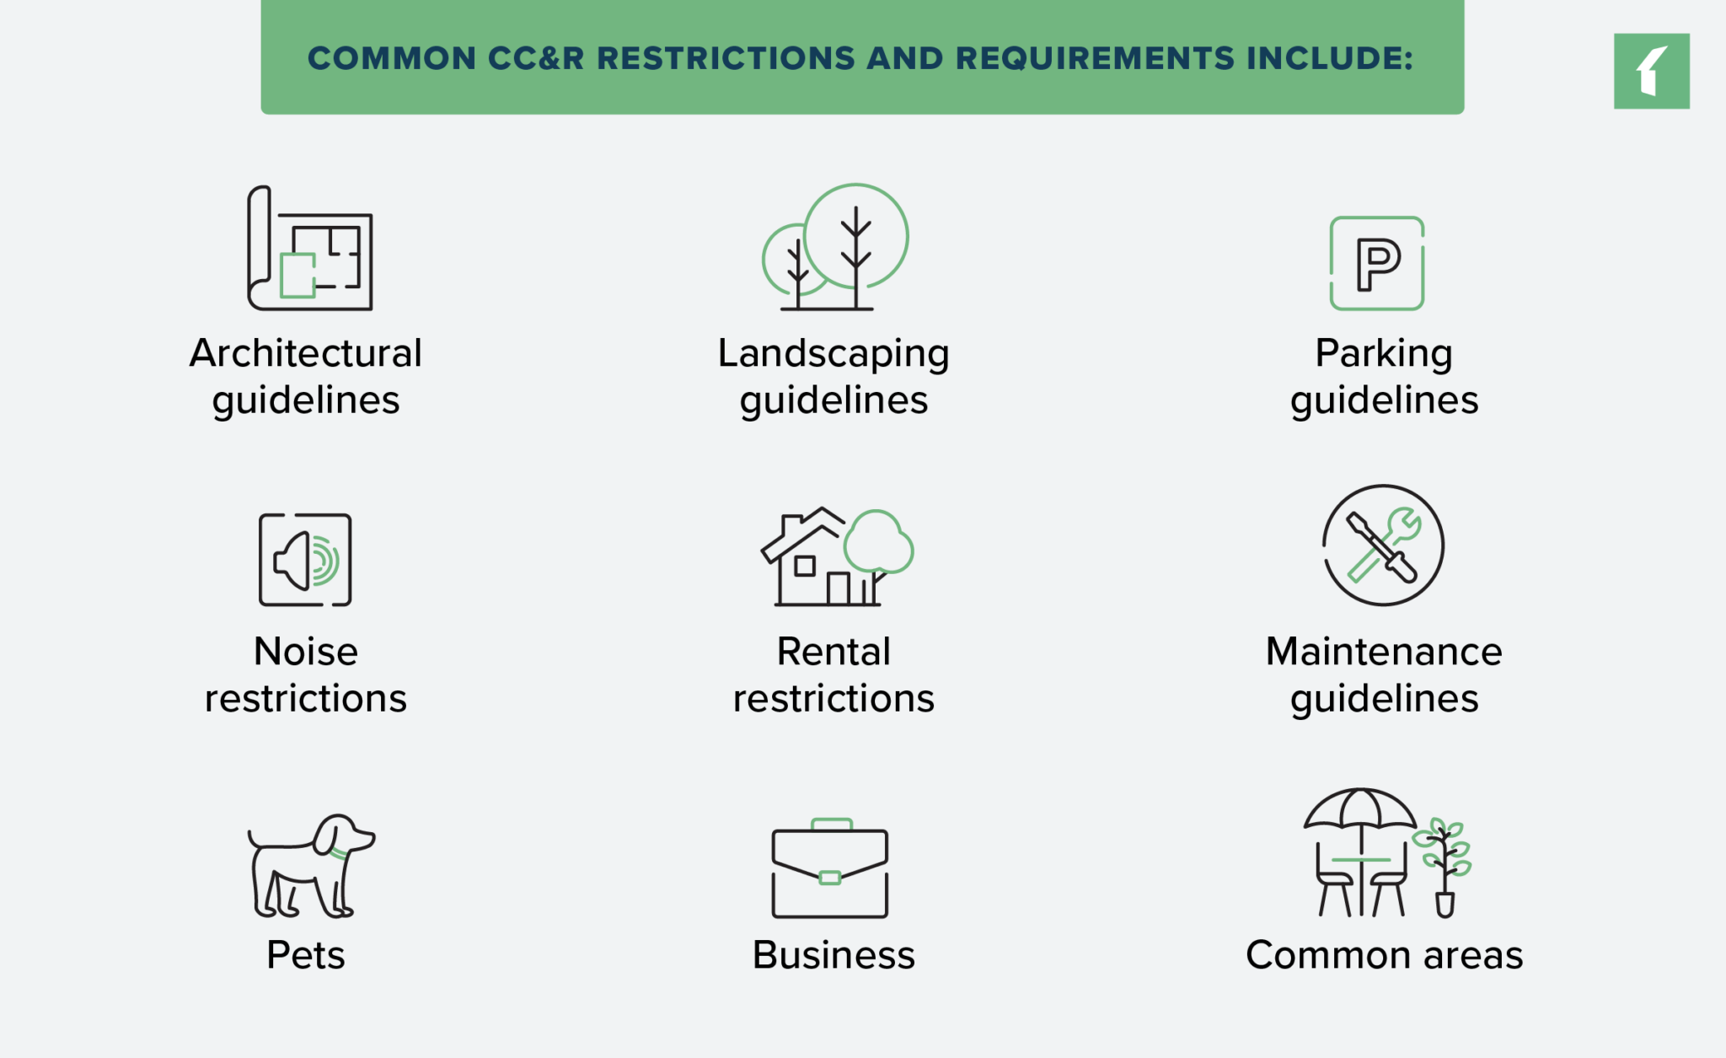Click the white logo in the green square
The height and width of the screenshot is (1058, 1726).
[x=1652, y=72]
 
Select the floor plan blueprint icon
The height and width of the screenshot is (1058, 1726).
[x=310, y=248]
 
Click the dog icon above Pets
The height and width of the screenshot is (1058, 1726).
[x=311, y=866]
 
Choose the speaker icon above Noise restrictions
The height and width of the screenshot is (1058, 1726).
[x=305, y=560]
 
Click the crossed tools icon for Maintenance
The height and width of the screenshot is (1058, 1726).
[x=1383, y=545]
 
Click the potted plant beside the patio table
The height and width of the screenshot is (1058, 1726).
[x=1444, y=867]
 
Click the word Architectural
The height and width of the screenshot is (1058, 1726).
[x=305, y=353]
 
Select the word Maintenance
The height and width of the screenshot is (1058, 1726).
[x=1384, y=652]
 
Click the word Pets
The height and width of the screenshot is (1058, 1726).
[x=306, y=955]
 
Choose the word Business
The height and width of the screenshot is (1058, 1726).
[x=834, y=955]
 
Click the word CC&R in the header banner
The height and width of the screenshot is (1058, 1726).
[x=536, y=58]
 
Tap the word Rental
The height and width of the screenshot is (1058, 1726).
[x=834, y=652]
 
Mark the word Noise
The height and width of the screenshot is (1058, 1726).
[x=306, y=652]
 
